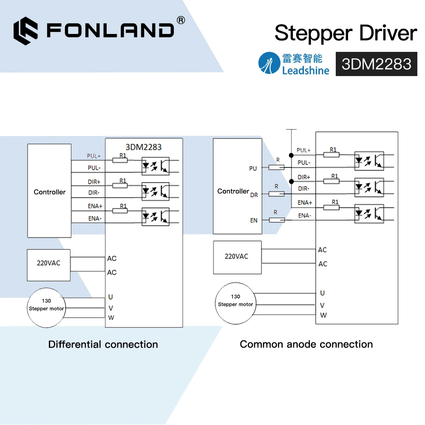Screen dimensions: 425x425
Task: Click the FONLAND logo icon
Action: pos(25,30)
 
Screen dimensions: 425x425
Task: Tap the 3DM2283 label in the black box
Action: pos(376,64)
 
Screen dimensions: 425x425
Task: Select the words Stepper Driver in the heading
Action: pos(346,33)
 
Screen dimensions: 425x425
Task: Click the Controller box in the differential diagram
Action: pos(49,191)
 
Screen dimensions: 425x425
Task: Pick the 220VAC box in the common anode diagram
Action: pos(236,257)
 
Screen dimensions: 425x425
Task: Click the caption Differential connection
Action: pos(103,344)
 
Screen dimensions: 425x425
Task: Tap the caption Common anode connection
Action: pos(306,344)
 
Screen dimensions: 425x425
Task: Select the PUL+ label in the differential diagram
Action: pos(94,156)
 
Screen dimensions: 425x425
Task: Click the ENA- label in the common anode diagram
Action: pos(304,215)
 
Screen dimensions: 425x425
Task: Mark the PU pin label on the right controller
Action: pos(253,168)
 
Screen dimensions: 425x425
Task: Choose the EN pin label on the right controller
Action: pos(254,220)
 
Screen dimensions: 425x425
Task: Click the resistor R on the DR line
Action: pos(277,194)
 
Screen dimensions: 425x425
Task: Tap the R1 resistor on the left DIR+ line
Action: pos(120,186)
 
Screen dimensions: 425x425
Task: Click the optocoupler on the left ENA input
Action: pos(155,216)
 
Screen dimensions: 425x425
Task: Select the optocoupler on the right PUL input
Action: pos(369,161)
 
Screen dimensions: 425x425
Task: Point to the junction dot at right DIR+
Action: pos(291,181)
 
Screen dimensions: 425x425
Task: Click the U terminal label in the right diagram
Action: pos(323,293)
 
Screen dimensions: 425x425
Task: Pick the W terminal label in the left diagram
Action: pos(111,317)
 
